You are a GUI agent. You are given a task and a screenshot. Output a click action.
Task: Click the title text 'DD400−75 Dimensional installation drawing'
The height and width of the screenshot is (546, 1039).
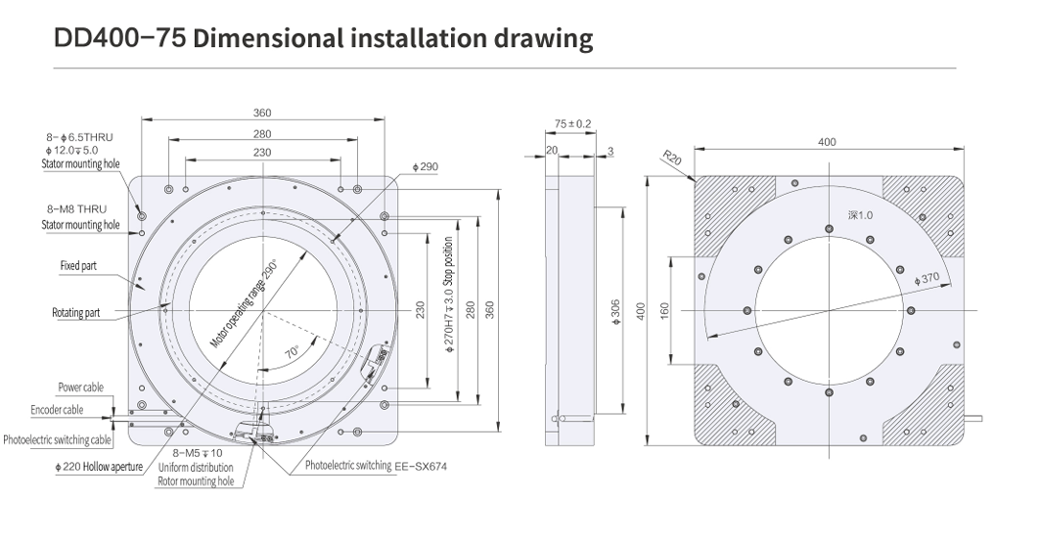click(x=324, y=38)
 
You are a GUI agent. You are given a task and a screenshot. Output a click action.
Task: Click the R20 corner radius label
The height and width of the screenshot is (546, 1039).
click(x=671, y=159)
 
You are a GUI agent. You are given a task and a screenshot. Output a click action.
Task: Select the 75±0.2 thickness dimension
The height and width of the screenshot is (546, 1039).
click(x=572, y=123)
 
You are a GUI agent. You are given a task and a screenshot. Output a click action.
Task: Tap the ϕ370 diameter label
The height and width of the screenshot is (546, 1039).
click(x=926, y=279)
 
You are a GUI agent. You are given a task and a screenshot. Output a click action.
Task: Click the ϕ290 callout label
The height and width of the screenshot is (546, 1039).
click(x=426, y=167)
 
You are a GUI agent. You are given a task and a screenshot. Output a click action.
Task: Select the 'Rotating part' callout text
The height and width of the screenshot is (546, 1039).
click(x=77, y=313)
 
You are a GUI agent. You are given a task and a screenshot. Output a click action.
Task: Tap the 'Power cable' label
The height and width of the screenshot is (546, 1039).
click(x=80, y=387)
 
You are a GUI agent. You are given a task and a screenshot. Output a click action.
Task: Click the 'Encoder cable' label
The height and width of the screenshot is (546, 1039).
click(x=57, y=410)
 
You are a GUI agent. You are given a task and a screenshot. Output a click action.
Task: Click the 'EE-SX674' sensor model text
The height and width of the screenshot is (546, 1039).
click(x=420, y=467)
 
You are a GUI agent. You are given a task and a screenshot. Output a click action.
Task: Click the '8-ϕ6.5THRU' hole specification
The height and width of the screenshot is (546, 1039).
click(x=83, y=138)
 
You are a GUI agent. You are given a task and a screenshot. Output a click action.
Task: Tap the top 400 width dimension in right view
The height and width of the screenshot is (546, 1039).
click(x=827, y=142)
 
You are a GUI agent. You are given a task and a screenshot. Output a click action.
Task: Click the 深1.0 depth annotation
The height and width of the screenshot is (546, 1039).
click(x=860, y=215)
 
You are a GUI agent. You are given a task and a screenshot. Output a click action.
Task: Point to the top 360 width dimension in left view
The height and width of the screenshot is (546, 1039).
click(x=262, y=113)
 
